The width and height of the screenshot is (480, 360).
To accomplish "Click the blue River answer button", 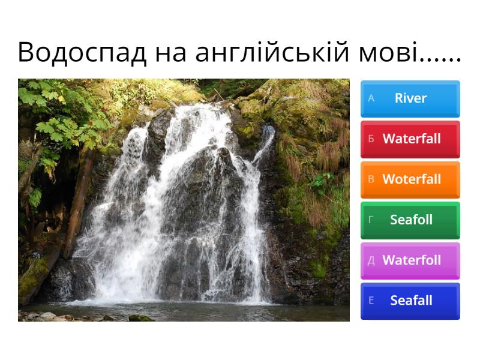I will (410, 98).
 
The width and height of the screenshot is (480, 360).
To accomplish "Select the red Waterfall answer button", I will (410, 139).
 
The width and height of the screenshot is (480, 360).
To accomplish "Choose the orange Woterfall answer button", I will (410, 179).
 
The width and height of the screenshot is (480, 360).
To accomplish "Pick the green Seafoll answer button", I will (410, 220).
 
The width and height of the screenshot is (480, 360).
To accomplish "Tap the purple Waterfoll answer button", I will (410, 260).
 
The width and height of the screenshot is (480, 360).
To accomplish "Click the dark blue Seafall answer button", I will (410, 301).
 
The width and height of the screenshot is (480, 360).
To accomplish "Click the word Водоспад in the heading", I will (82, 53).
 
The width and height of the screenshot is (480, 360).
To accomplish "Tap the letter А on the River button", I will (371, 98).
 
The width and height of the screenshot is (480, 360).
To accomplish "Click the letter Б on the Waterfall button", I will (371, 139).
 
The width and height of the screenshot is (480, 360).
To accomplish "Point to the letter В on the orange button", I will (371, 179).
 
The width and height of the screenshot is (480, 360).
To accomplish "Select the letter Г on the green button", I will (371, 220).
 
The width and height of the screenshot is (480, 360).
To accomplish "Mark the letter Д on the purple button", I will (371, 260).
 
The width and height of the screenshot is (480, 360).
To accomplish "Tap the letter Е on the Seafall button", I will (371, 301).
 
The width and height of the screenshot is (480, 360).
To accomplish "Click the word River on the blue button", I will (411, 98).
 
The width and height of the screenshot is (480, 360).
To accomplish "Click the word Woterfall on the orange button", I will (412, 179).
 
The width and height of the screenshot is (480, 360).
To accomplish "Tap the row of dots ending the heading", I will (441, 60).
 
